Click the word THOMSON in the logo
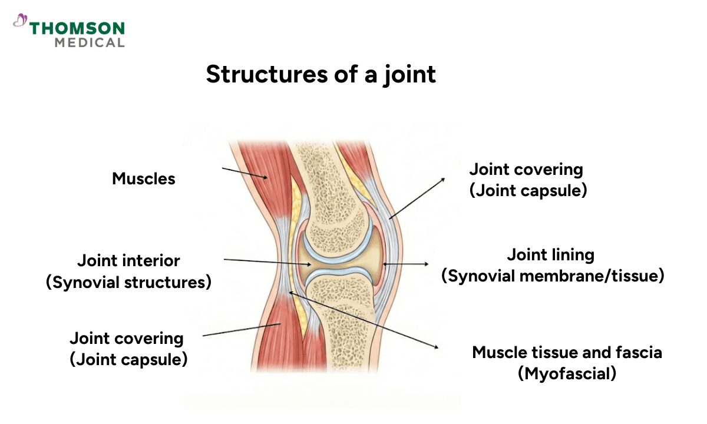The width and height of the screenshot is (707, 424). click(x=77, y=28)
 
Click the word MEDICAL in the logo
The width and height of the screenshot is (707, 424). click(x=90, y=42)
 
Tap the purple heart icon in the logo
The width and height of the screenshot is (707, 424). click(x=20, y=21)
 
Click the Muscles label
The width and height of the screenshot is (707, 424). click(x=144, y=178)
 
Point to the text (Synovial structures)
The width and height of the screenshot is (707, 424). click(x=128, y=282)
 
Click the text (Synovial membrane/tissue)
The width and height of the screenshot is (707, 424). click(x=553, y=276)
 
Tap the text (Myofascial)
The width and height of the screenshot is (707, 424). click(x=567, y=373)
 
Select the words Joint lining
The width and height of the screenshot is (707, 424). click(x=550, y=255)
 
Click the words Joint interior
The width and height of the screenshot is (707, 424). click(x=129, y=260)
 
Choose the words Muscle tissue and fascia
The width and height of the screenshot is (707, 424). click(x=567, y=353)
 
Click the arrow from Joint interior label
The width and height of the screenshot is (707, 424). click(x=268, y=262)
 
